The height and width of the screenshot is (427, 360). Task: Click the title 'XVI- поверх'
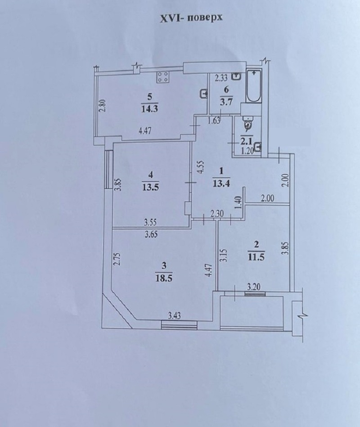191,18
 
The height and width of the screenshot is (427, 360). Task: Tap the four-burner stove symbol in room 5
163,77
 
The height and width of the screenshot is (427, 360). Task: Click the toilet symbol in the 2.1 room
248,122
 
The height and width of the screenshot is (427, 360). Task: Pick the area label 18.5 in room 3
165,278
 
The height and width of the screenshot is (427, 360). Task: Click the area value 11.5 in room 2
256,257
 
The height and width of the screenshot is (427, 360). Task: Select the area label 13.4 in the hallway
221,184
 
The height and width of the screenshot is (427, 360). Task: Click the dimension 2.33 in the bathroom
221,78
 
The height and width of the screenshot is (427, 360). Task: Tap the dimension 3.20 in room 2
253,287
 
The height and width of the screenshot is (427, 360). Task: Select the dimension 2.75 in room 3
117,260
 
